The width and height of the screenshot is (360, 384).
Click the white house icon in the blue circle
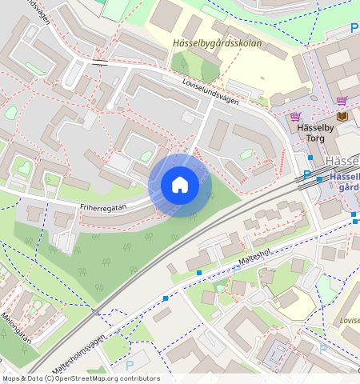coord(180,186)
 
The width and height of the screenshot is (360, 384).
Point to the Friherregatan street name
coord(102,206)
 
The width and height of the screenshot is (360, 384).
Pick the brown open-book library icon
coord(343,117)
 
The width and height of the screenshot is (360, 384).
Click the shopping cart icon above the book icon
coord(342,101)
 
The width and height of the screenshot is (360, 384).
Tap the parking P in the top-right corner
coord(354,28)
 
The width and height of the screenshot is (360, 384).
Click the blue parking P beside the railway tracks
coord(306,175)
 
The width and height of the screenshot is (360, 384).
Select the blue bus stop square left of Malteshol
coord(198,273)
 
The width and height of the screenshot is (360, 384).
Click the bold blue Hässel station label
coord(344,176)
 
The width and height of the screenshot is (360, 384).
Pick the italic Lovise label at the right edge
coord(349,320)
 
